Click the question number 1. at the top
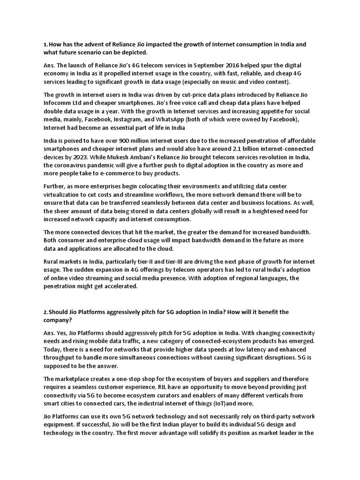45,45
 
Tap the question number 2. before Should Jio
45,312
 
